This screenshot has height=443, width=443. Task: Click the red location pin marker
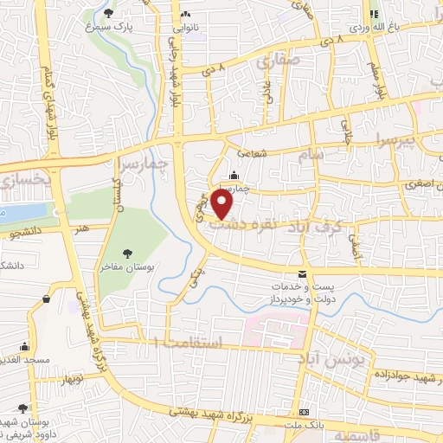point(222,203)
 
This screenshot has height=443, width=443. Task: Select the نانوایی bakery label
point(187,28)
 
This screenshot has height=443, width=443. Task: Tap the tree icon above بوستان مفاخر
point(128,253)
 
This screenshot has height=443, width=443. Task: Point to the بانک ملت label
point(304,424)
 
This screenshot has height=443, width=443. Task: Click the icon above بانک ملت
point(304,412)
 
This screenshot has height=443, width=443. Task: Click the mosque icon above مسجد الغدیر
point(24,344)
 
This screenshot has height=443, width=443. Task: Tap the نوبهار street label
point(72,379)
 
